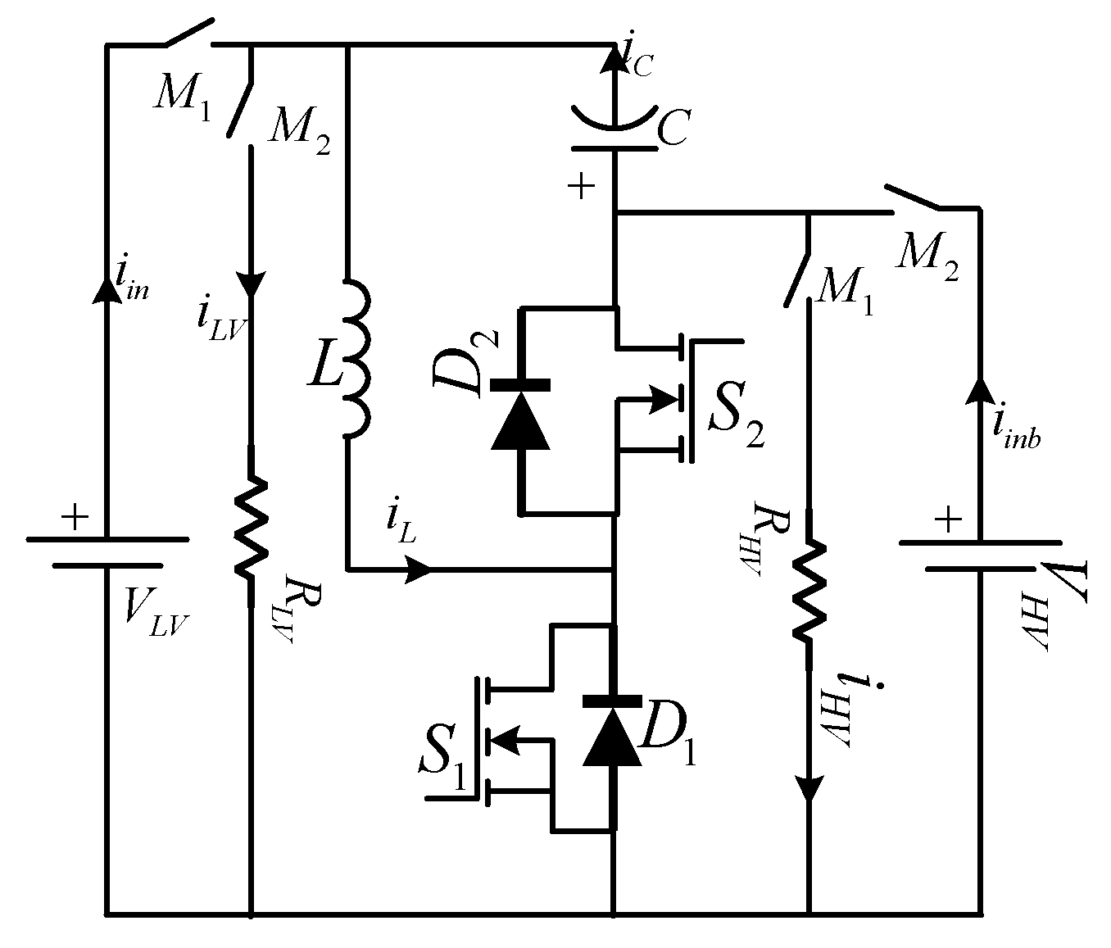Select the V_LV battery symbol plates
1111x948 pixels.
click(x=107, y=552)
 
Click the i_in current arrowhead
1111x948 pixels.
click(x=107, y=288)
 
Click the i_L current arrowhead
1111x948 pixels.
click(x=418, y=569)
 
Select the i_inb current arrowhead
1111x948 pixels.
click(x=980, y=388)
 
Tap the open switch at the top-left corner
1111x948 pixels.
click(x=188, y=31)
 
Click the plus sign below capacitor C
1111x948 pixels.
click(x=581, y=188)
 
